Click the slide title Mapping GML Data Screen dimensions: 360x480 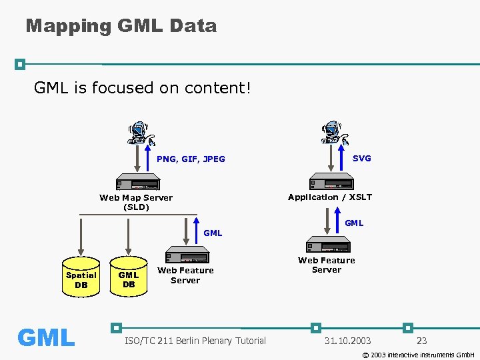(x=121, y=26)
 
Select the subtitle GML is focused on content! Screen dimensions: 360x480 (x=142, y=88)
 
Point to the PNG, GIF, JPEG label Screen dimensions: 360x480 (x=191, y=159)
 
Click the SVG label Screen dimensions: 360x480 (x=362, y=158)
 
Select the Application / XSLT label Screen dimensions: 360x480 (x=330, y=197)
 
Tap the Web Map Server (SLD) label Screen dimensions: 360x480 (x=136, y=202)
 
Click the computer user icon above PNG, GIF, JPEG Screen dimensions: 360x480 (x=141, y=133)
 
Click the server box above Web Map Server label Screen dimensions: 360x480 (x=137, y=183)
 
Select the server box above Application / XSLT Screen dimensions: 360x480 (x=331, y=183)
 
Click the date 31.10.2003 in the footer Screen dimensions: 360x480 (x=347, y=341)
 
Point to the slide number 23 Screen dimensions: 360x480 (x=421, y=341)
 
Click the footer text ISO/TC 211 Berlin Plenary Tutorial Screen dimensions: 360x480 (x=195, y=341)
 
